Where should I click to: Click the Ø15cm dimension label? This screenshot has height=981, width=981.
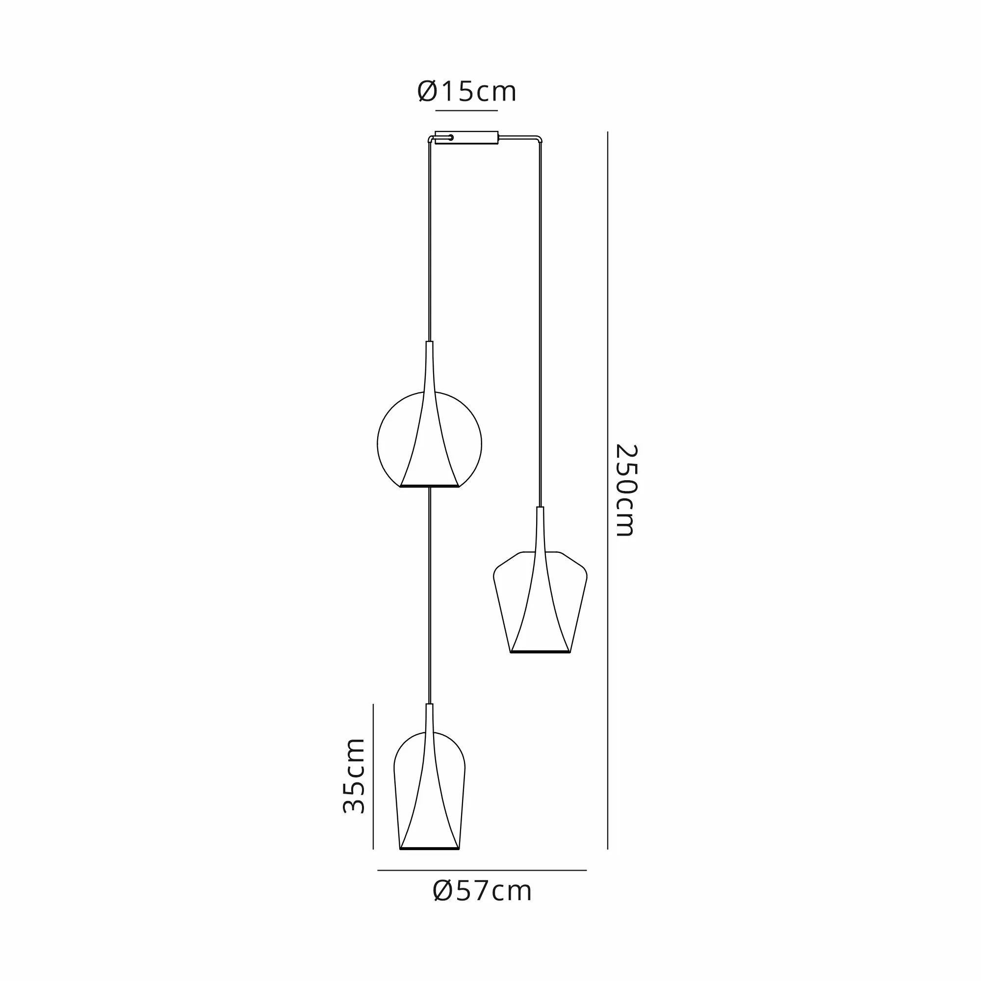tap(466, 92)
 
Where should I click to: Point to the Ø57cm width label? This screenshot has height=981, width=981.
tap(482, 891)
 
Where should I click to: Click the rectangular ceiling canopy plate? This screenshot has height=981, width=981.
tap(466, 138)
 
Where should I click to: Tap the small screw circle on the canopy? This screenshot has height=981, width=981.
tap(450, 137)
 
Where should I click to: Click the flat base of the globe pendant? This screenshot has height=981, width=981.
tap(430, 487)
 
